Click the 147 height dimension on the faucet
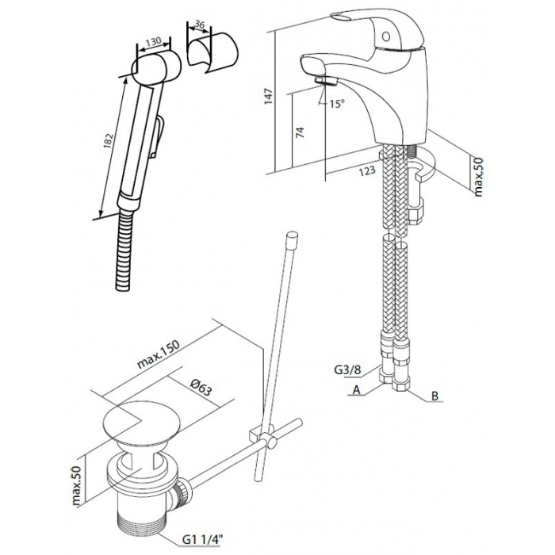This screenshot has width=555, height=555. coord(269,96)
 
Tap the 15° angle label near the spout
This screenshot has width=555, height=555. coord(337,103)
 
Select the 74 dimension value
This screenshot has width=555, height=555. coord(300,132)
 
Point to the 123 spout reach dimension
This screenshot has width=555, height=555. coord(367,170)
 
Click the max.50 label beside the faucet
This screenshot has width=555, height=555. coord(478,177)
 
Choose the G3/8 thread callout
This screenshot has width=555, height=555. coord(347,370)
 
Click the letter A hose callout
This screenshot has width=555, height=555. coord(356,390)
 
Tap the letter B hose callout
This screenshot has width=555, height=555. coord(435,396)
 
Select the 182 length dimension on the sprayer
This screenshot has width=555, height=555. coord(109,142)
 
